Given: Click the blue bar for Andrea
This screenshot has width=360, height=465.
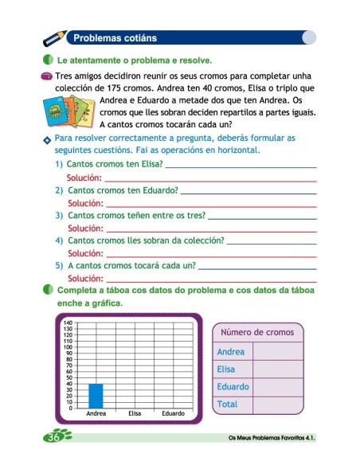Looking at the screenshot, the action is point(96,395).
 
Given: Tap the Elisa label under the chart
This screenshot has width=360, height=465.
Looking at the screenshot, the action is point(135,413).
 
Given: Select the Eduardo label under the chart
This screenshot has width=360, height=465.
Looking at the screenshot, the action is point(173,413).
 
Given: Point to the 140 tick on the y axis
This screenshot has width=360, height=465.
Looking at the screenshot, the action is point(68,322).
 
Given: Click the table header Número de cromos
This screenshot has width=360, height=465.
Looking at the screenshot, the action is point(256,332).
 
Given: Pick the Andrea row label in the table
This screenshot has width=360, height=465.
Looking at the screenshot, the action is point(231,351).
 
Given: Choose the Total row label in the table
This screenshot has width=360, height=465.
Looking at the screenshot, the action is point(228,404).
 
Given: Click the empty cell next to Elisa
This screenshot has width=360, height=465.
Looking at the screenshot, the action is point(277,369).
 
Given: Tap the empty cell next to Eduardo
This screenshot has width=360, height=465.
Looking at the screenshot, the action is point(277,387).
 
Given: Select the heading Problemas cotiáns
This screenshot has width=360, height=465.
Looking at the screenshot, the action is point(115,37).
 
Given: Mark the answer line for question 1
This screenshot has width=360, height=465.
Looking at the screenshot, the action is point(240,165).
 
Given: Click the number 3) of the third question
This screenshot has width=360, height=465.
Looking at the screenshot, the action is point(59,215).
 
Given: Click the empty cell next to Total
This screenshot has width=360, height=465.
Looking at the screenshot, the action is point(277,404).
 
